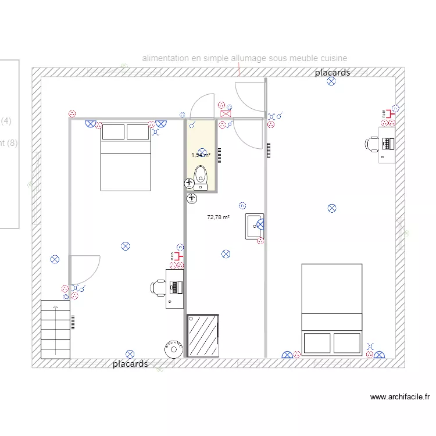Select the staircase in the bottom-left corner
(x=55, y=329)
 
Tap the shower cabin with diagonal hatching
(x=203, y=335)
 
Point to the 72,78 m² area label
(x=218, y=217)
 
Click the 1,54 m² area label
(x=201, y=155)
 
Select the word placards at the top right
(x=333, y=73)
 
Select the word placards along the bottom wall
(x=130, y=364)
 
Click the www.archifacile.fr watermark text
(x=400, y=397)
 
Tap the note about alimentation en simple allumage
(x=245, y=58)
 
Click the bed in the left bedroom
(x=126, y=156)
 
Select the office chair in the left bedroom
(x=158, y=287)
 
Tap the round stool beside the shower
(x=172, y=349)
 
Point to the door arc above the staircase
(x=86, y=267)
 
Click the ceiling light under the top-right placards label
(x=331, y=81)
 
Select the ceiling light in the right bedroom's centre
(x=332, y=208)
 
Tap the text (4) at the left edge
(x=6, y=121)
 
